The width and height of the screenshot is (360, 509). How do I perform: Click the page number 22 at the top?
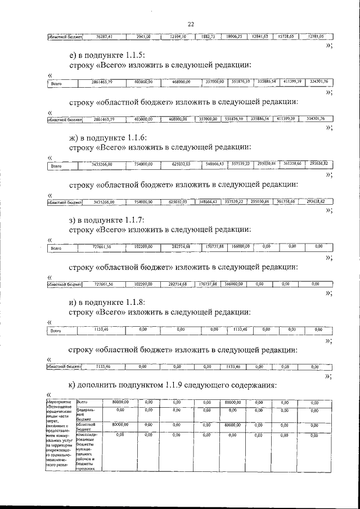[x=190, y=24]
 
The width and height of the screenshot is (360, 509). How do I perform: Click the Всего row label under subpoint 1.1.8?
[x=56, y=331]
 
